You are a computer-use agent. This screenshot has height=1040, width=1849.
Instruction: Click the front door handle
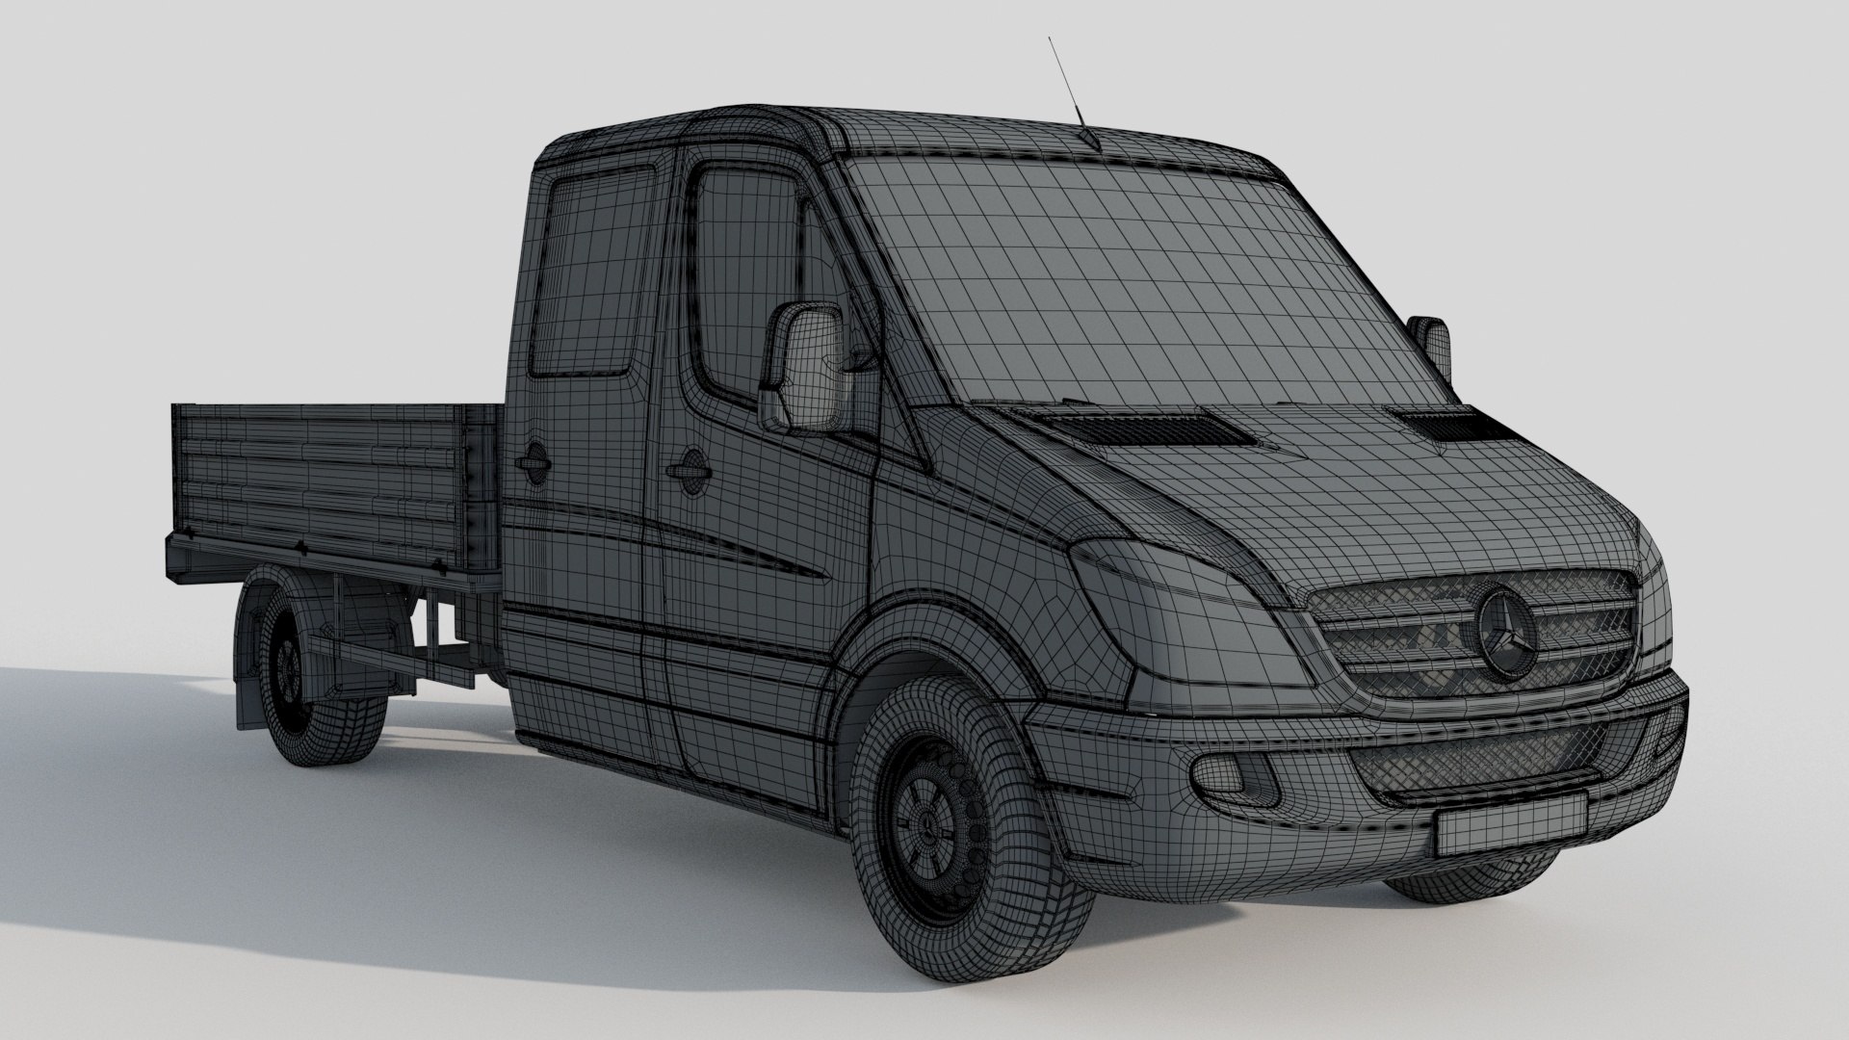(x=690, y=466)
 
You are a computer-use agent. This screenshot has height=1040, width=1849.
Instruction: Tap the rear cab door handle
(x=531, y=461)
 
